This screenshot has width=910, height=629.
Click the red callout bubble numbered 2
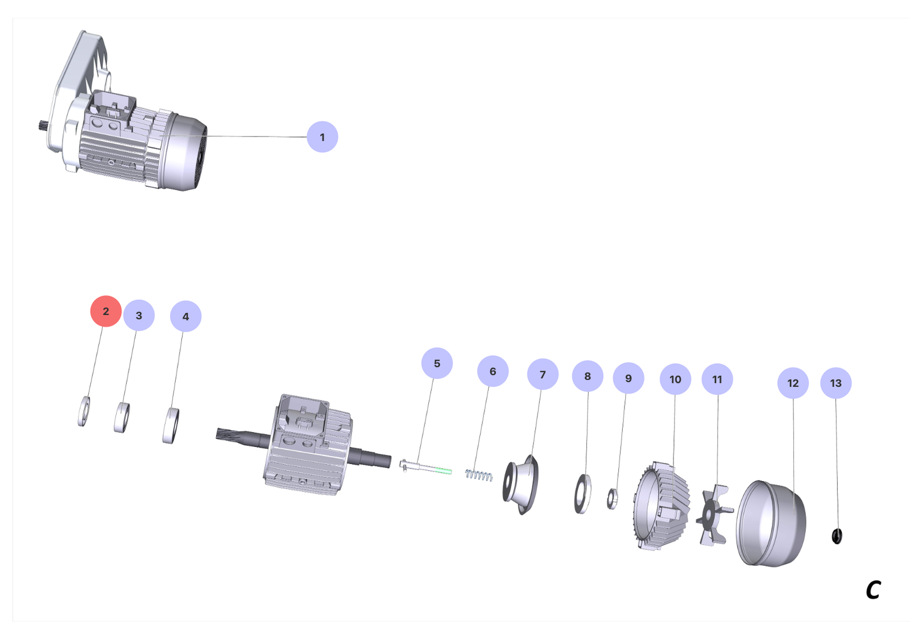[106, 311]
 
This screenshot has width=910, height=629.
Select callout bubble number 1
[322, 137]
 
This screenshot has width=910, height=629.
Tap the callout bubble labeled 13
[835, 383]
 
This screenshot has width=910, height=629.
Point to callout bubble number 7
[543, 374]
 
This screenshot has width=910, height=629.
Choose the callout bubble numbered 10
[675, 379]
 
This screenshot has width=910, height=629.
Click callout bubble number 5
[437, 363]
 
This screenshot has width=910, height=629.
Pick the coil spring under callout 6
[478, 475]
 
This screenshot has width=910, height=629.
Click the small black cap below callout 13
[837, 536]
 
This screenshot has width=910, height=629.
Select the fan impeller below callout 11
[714, 515]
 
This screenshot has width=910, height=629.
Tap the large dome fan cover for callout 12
[771, 523]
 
